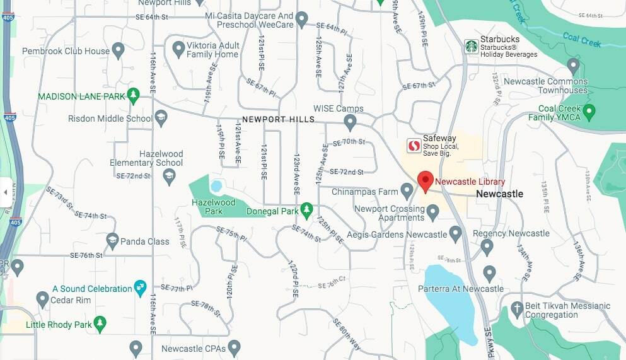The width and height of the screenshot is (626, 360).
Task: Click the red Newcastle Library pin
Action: pyautogui.click(x=425, y=180)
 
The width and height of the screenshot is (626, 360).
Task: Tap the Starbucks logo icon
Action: pyautogui.click(x=471, y=46)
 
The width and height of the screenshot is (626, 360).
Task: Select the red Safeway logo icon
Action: pyautogui.click(x=414, y=146)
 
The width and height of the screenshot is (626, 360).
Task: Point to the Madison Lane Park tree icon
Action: pyautogui.click(x=132, y=95)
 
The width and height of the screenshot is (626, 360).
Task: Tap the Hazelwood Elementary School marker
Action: pyautogui.click(x=168, y=177)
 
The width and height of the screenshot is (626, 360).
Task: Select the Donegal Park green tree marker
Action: pyautogui.click(x=306, y=210)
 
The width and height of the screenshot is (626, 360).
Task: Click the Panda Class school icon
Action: pyautogui.click(x=112, y=240)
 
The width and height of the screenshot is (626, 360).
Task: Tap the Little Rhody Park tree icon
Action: pyautogui.click(x=100, y=324)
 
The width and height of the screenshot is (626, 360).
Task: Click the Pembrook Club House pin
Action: pyautogui.click(x=118, y=50)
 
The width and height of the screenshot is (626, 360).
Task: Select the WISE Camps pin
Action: pyautogui.click(x=350, y=120)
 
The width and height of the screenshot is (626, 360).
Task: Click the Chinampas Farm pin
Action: pyautogui.click(x=407, y=190)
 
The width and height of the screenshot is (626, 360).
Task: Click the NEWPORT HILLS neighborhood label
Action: pyautogui.click(x=278, y=119)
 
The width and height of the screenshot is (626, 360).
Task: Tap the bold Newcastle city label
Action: pyautogui.click(x=499, y=194)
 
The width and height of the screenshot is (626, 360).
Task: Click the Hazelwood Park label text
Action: pyautogui.click(x=214, y=207)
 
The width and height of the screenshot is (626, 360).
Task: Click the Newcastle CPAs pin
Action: pyautogui.click(x=235, y=347)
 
